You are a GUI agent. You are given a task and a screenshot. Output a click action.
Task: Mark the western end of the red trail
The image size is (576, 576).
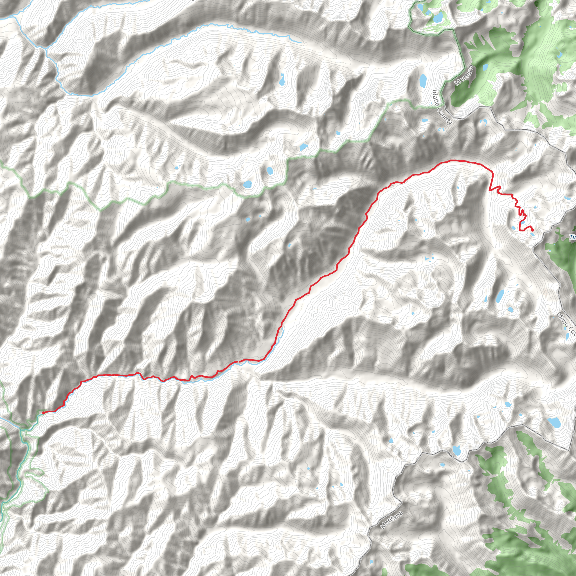[44, 413]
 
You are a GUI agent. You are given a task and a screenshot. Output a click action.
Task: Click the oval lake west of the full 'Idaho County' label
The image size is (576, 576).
[422, 80]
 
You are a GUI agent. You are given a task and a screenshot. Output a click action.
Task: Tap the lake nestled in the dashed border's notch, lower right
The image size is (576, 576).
[456, 450]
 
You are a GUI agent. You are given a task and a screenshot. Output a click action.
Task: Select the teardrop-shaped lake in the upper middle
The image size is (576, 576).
[282, 79]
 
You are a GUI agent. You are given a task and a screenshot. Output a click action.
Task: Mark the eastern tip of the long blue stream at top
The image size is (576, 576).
[301, 43]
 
